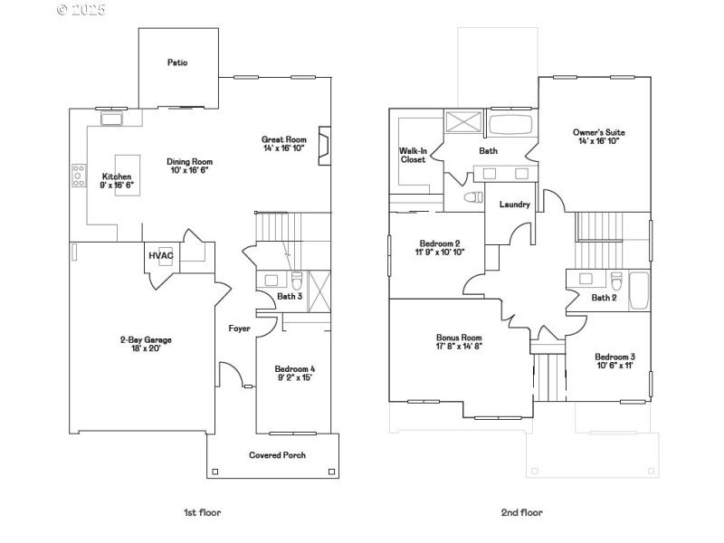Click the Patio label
(x=177, y=62)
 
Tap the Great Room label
(x=284, y=139)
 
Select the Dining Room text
(x=190, y=161)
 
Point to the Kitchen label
(x=117, y=176)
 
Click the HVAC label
(x=160, y=256)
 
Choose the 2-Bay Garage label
(x=146, y=339)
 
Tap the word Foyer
(x=239, y=329)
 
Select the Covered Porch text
(x=278, y=454)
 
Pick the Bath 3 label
(x=289, y=296)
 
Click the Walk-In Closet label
(x=414, y=155)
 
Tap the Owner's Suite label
(x=599, y=133)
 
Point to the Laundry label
(x=514, y=205)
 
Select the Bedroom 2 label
(x=441, y=243)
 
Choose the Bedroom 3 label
(x=614, y=357)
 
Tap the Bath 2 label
(x=604, y=298)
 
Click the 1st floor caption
(x=202, y=512)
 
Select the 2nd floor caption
(x=522, y=512)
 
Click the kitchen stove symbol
(x=78, y=176)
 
